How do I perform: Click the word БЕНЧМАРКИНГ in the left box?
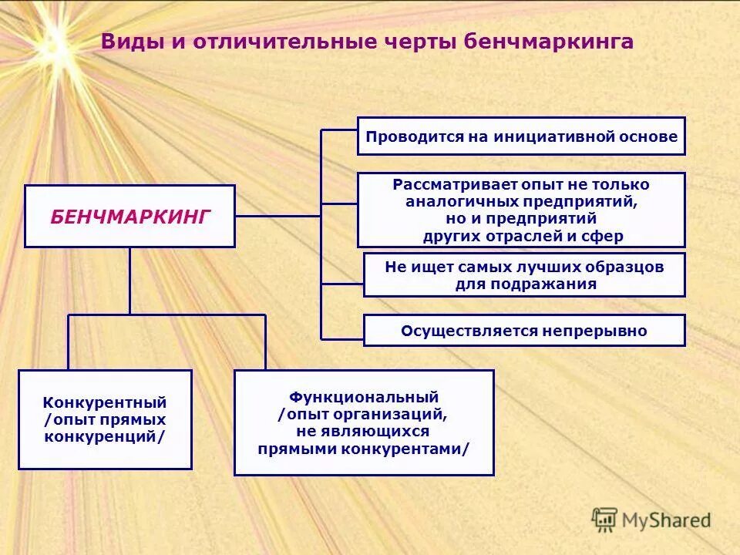(129, 217)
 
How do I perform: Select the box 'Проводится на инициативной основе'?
(521, 136)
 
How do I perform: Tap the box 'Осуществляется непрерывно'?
(524, 331)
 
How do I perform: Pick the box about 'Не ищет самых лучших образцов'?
(524, 275)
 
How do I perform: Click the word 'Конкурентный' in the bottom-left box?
(105, 402)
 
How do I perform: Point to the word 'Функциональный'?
(364, 397)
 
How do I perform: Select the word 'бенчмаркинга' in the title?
(549, 42)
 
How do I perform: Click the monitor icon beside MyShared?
(604, 520)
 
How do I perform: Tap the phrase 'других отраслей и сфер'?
(523, 237)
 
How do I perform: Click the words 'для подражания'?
(526, 284)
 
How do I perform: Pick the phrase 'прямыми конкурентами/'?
(364, 449)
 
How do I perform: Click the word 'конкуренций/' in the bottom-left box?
(105, 436)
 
